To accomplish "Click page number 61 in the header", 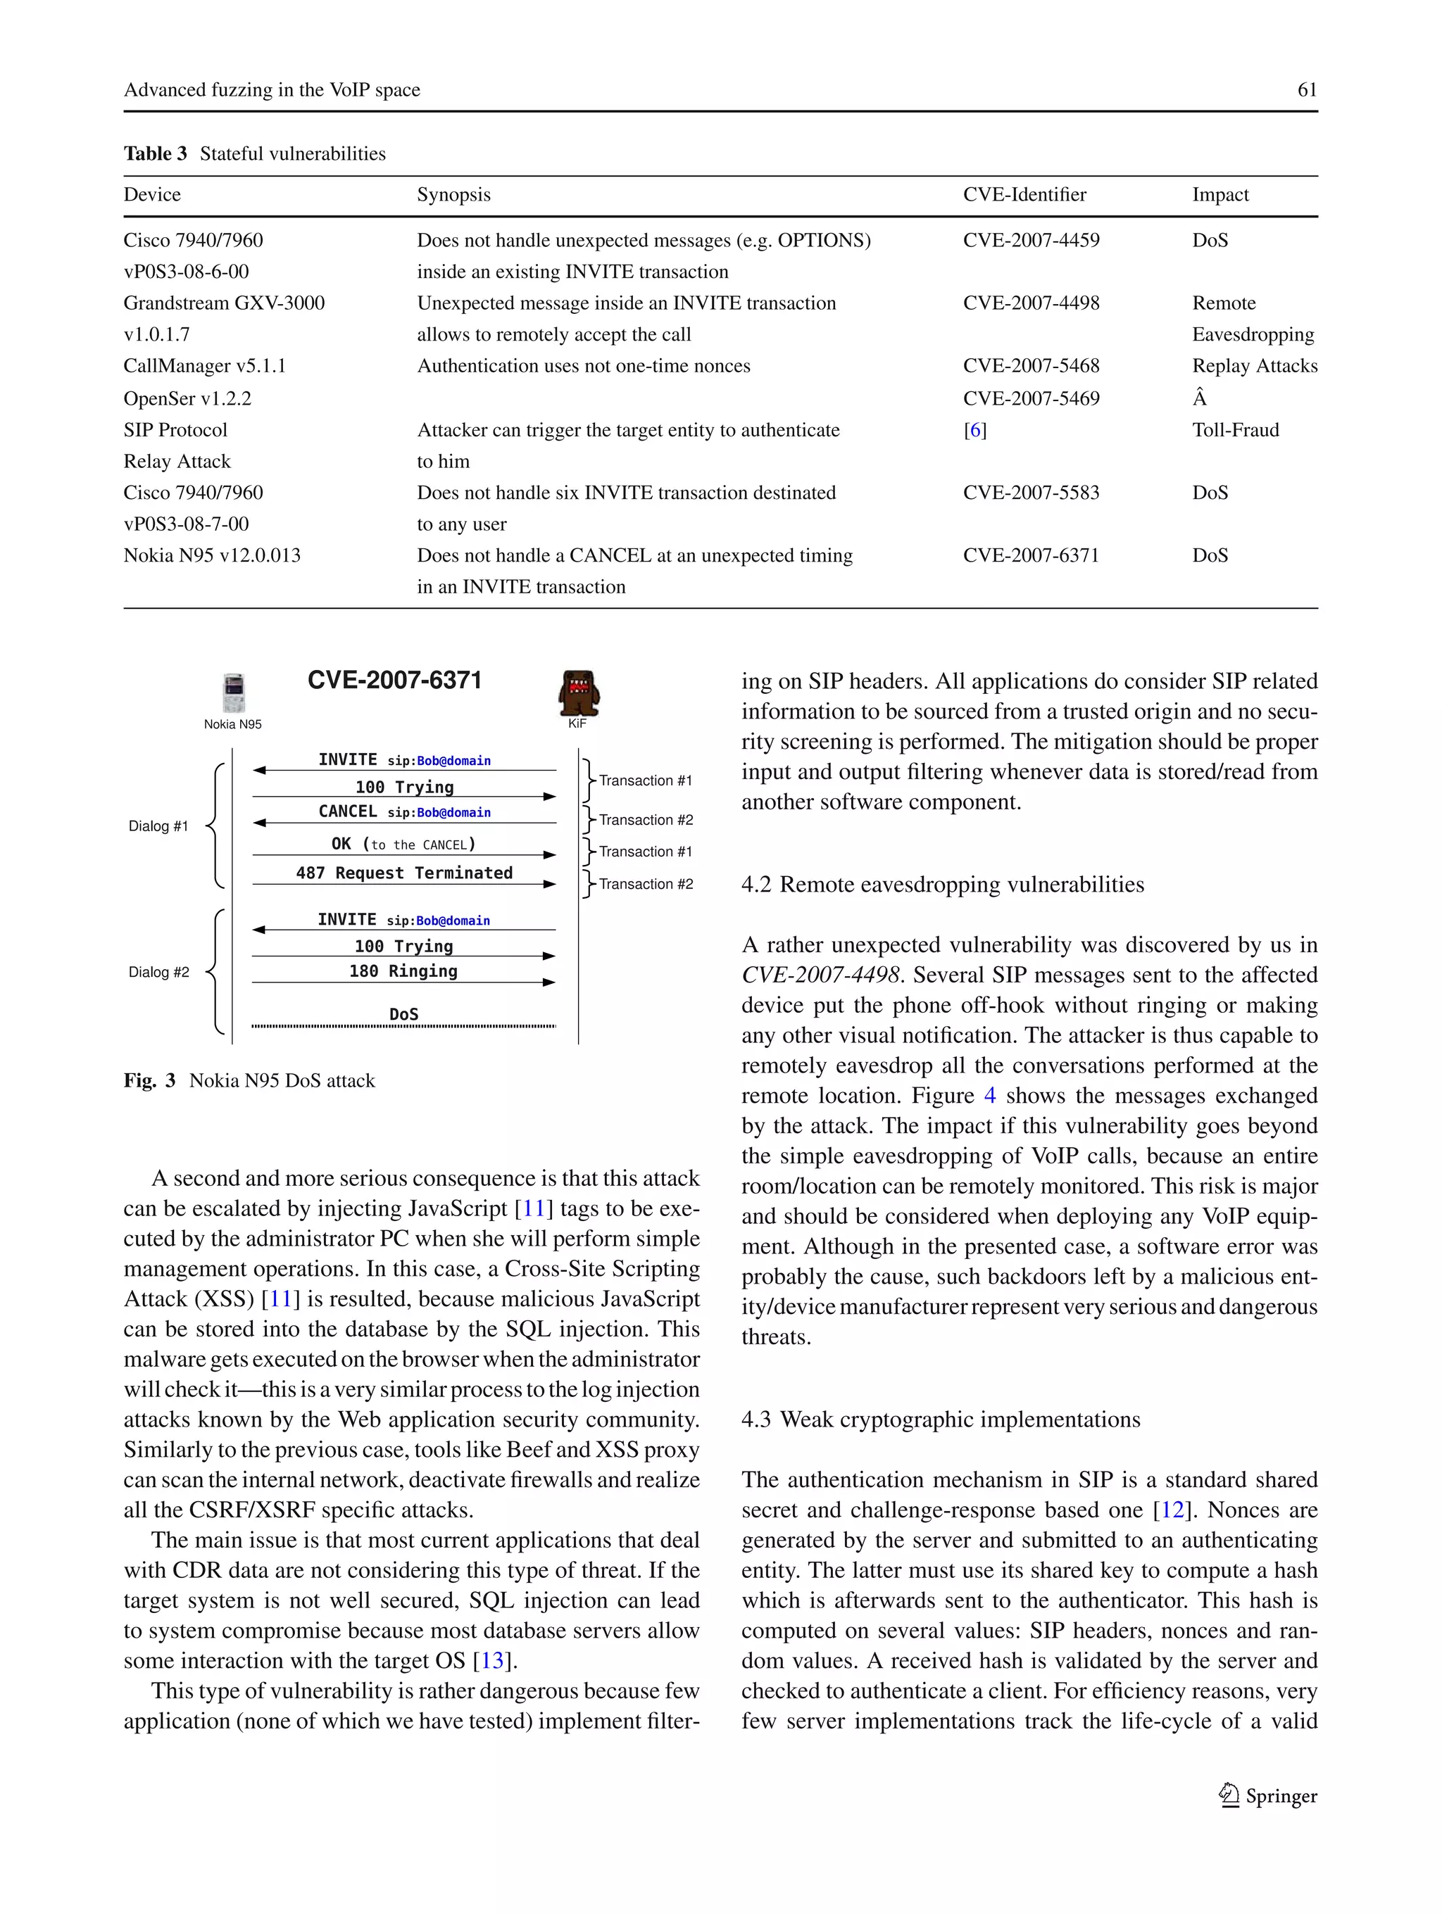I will pos(1306,90).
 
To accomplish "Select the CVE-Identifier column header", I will pos(1024,195).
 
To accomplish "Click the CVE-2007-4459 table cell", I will pos(1031,241).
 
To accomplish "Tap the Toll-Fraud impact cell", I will pos(1234,430).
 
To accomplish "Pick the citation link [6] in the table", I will pos(974,430).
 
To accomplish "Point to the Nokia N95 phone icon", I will pos(233,693).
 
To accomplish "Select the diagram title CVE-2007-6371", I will pos(394,681).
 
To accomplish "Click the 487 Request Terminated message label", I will pos(403,873).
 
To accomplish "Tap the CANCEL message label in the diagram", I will pos(346,811).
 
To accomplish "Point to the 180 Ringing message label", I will pos(403,971).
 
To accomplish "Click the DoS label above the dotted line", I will pos(403,1013).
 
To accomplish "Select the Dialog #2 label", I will pos(158,972).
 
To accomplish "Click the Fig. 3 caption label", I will pos(149,1080).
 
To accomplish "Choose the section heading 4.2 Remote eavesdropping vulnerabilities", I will pos(942,885).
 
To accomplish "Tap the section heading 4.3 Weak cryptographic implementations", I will pos(941,1420).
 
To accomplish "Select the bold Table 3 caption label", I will pos(155,154).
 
